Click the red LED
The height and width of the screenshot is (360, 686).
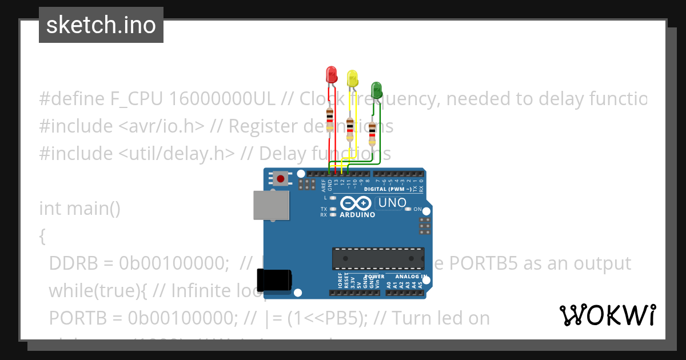tap(331, 74)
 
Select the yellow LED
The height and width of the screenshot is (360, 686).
tap(352, 78)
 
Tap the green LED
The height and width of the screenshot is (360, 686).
tap(376, 90)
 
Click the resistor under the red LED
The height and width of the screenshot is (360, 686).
tap(330, 120)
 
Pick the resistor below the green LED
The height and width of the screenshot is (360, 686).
tap(372, 134)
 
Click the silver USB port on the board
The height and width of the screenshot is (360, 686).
tap(272, 205)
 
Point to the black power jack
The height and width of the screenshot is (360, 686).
tap(274, 280)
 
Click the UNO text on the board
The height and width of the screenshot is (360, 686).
tap(392, 203)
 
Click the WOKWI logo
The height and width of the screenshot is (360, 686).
tap(607, 315)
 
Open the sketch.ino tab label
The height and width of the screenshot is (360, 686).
tap(101, 25)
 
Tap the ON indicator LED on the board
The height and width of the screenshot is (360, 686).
tap(408, 209)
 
